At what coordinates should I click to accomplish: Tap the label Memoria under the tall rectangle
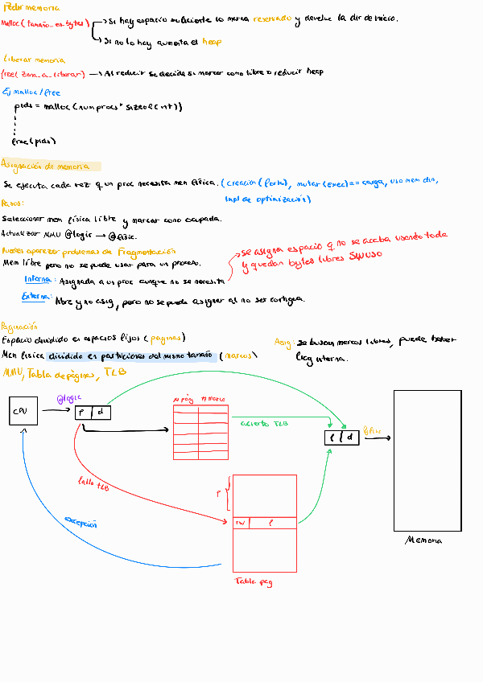point(423,540)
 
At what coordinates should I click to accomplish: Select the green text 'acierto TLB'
point(259,422)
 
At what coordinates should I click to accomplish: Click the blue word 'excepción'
point(80,523)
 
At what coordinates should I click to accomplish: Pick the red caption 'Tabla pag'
point(254,581)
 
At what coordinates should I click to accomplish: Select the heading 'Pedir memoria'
point(26,7)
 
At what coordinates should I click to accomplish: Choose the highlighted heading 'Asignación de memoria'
point(49,166)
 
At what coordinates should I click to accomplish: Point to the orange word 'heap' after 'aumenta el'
point(211,41)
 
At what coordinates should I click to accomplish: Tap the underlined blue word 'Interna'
point(38,279)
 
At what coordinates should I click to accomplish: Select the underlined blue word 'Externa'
point(37,298)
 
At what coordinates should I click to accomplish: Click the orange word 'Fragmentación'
point(152,250)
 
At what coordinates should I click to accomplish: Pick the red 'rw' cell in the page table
point(239,522)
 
